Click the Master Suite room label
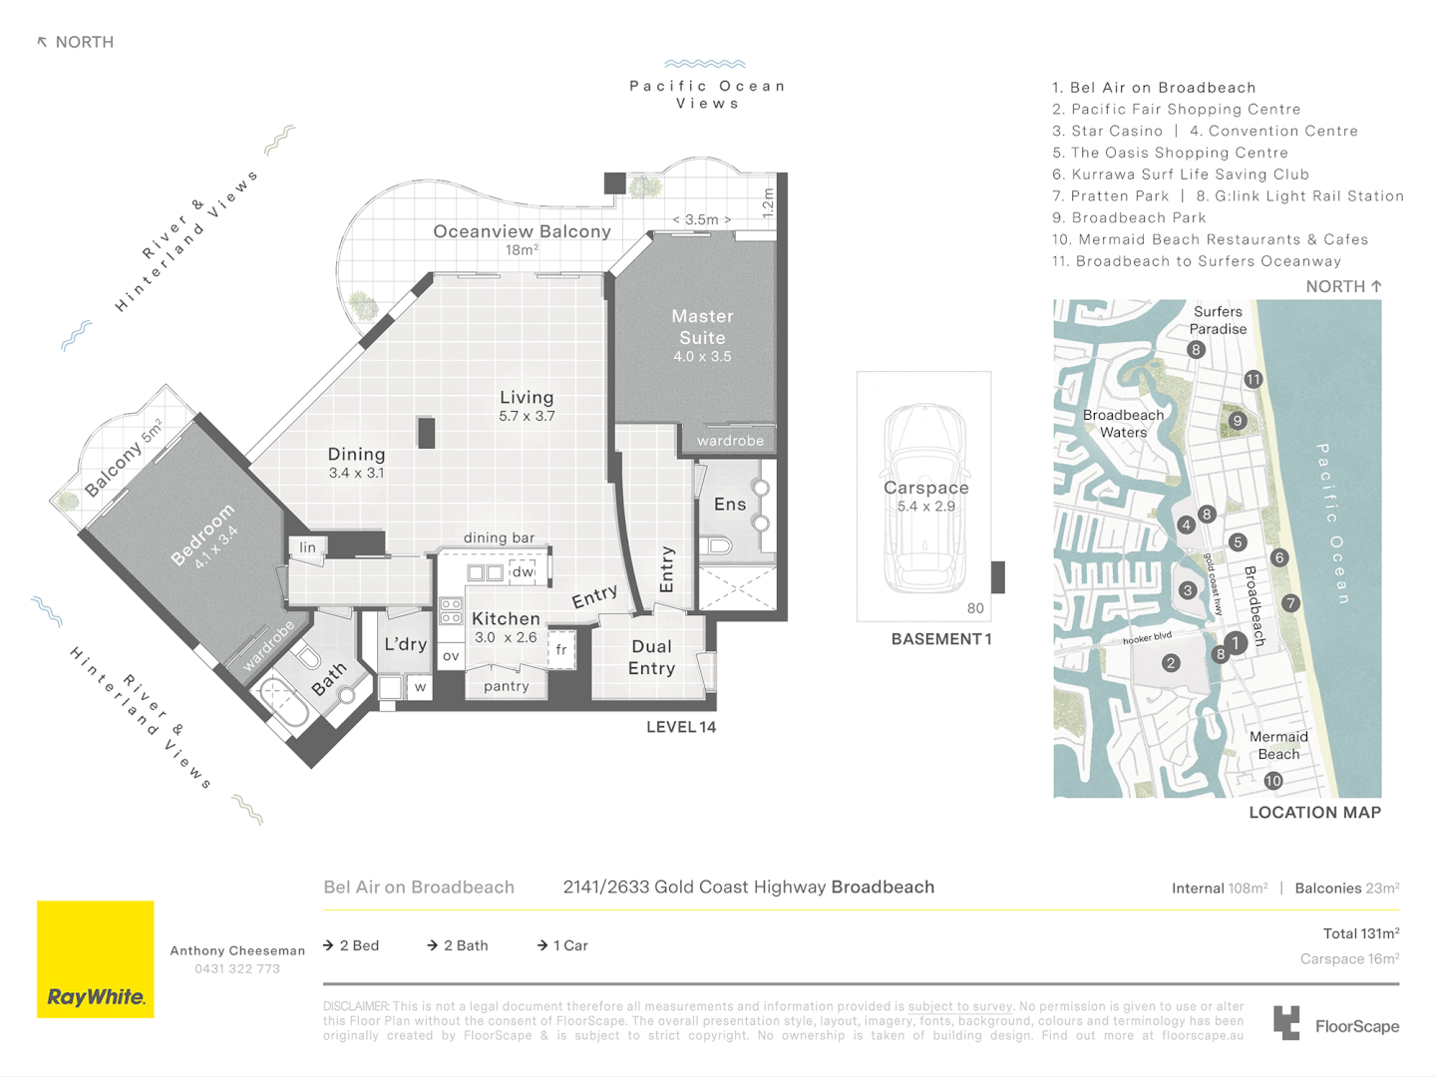tap(702, 327)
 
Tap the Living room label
tap(527, 398)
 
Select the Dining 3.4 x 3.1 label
tap(356, 462)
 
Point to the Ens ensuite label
tap(730, 505)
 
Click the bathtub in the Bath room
tap(284, 702)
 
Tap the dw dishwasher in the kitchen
tap(523, 571)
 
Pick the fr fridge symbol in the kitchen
tap(561, 649)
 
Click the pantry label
tap(507, 686)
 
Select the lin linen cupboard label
tap(308, 547)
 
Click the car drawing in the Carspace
tap(925, 499)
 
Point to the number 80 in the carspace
tap(975, 608)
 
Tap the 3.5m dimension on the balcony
tap(702, 219)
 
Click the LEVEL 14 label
tap(681, 727)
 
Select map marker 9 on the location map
tap(1238, 421)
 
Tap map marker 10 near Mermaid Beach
tap(1273, 781)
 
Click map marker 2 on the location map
tap(1171, 662)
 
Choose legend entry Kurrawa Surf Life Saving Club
tap(1181, 175)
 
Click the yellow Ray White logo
tap(96, 959)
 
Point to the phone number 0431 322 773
tap(237, 969)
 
